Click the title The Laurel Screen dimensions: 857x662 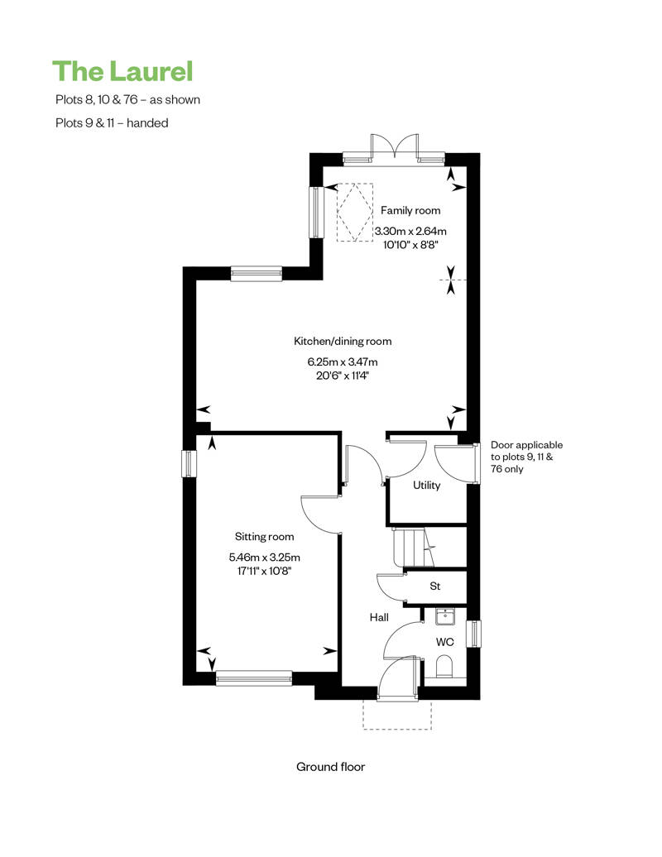[x=122, y=71]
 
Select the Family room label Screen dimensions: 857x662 [x=410, y=211]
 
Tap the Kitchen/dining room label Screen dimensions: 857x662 [x=343, y=341]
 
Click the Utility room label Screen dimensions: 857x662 [x=427, y=486]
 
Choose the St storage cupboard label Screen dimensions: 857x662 [x=435, y=586]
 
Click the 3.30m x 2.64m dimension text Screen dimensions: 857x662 [x=410, y=232]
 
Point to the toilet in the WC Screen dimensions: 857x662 [x=444, y=667]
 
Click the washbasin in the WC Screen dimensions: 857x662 [x=445, y=615]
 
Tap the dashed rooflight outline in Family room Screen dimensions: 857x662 [x=351, y=210]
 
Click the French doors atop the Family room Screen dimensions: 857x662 [x=394, y=149]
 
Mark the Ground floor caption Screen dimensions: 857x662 [x=331, y=767]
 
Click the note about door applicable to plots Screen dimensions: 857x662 [x=527, y=457]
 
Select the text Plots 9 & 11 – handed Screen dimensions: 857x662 [x=110, y=122]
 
